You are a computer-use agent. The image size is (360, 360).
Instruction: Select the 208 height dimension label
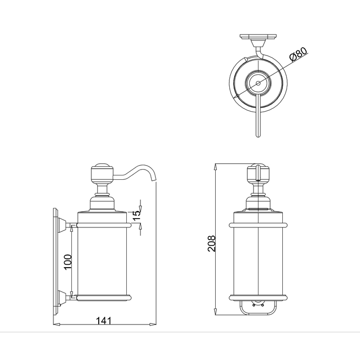[212, 243]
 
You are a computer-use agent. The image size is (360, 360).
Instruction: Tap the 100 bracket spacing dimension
[68, 262]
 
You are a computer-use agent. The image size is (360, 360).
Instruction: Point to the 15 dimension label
[137, 216]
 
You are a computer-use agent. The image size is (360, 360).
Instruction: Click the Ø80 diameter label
[298, 54]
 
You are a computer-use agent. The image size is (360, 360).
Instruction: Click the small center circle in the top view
[258, 83]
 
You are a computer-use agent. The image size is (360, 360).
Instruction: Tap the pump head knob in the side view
[102, 174]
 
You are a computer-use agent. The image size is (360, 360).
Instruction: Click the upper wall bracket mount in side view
[62, 225]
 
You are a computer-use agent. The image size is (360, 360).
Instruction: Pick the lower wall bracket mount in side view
[62, 298]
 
